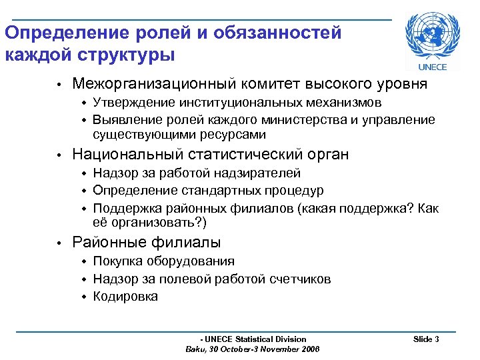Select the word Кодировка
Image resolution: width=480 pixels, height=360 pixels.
coord(125,297)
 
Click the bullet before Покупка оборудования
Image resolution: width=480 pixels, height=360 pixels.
coord(85,261)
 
